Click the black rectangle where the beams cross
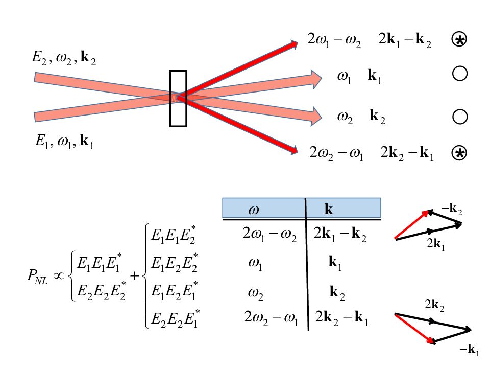179,98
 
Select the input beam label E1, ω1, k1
64,142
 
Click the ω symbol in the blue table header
253,210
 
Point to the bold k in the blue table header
329,210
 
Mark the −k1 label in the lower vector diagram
470,350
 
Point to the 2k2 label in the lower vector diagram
434,306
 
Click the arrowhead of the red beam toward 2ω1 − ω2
293,44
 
